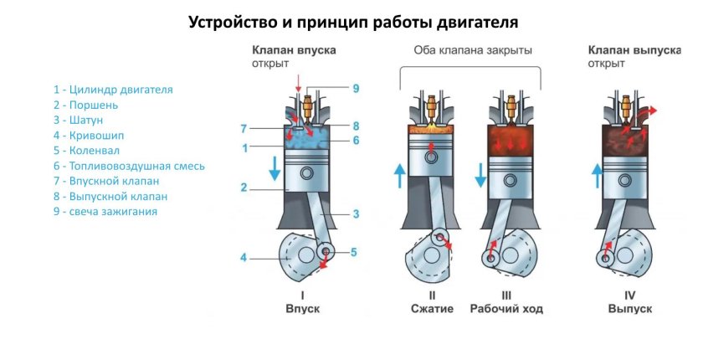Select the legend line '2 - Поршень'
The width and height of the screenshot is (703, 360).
pyautogui.click(x=85, y=105)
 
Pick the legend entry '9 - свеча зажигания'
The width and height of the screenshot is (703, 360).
pyautogui.click(x=105, y=212)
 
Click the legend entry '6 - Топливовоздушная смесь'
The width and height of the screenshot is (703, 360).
pyautogui.click(x=128, y=166)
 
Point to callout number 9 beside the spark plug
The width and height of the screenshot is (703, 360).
pyautogui.click(x=356, y=89)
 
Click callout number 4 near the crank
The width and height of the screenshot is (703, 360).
pyautogui.click(x=244, y=258)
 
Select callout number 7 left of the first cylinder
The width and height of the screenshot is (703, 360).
pyautogui.click(x=244, y=129)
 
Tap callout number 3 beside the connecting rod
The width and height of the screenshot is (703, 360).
pyautogui.click(x=356, y=214)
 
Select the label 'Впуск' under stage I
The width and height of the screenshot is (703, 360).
pyautogui.click(x=303, y=309)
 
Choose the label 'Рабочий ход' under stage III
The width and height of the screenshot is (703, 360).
pyautogui.click(x=506, y=309)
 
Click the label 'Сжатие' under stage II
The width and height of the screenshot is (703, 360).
pyautogui.click(x=432, y=309)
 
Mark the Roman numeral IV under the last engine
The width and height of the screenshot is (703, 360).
pyautogui.click(x=629, y=295)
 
